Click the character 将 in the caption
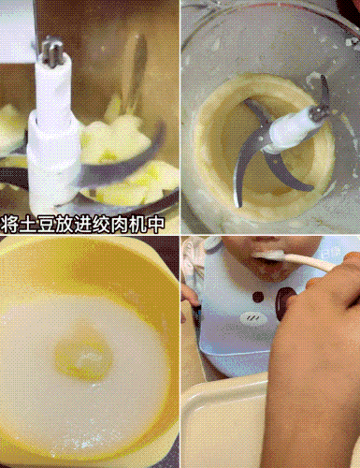[10, 223]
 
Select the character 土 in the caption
[30, 223]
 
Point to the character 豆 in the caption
[50, 223]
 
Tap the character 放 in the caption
[69, 223]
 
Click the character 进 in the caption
[89, 223]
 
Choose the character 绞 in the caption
[108, 223]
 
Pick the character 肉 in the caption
[128, 223]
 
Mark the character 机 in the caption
[148, 223]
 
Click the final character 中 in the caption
[167, 223]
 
